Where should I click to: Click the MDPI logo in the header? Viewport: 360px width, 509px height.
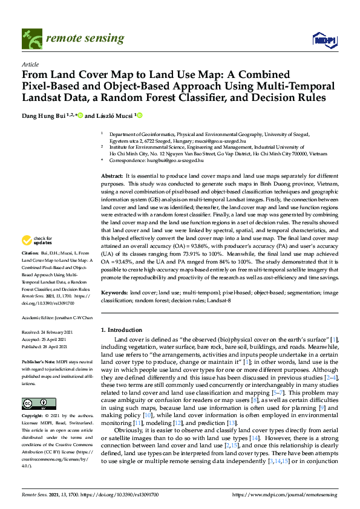click(324, 41)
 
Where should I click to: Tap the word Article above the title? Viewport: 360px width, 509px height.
click(30, 64)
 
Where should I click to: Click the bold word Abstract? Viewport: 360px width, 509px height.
click(112, 175)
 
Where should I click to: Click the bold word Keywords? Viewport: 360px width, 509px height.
click(114, 293)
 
